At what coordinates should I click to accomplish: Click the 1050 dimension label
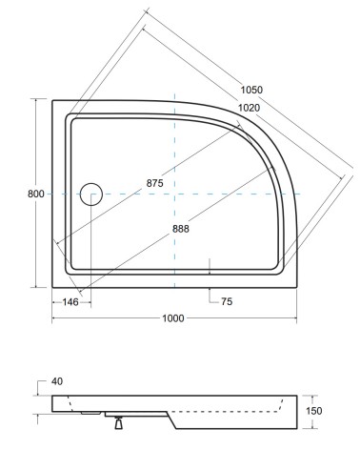(250, 90)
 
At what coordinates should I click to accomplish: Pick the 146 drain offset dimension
(70, 301)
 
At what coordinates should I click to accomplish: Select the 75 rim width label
(227, 301)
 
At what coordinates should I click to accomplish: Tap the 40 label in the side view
(56, 381)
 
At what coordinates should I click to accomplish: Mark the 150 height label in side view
(328, 411)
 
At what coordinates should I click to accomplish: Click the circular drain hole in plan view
(91, 194)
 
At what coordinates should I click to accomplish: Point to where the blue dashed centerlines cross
(175, 194)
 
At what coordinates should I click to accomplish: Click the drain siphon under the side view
(119, 419)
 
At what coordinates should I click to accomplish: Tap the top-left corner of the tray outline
(52, 100)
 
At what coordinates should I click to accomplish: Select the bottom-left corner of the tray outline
(52, 287)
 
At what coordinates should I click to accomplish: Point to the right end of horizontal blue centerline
(301, 194)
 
